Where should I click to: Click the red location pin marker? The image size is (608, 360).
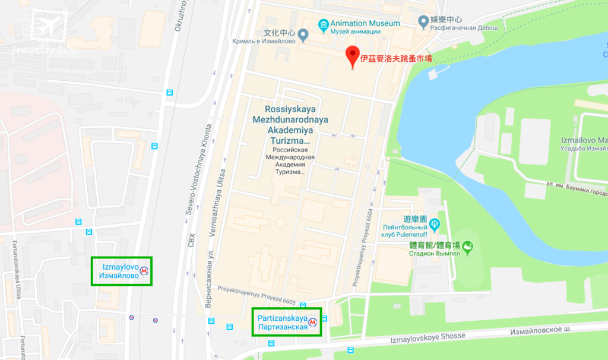(352, 56)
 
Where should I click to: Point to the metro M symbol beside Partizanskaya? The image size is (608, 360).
(313, 323)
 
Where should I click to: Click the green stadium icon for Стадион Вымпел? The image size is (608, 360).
(468, 247)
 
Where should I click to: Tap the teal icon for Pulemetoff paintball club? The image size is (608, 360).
(435, 224)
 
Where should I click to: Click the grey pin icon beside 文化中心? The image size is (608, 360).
(303, 36)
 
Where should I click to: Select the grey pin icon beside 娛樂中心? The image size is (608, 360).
(423, 21)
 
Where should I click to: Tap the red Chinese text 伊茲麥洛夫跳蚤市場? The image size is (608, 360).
(396, 58)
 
